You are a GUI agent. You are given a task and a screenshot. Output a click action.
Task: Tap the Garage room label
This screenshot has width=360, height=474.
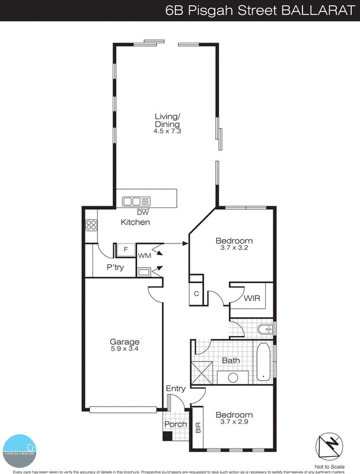pyautogui.click(x=125, y=342)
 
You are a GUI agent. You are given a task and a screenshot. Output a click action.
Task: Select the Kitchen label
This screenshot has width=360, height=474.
pyautogui.click(x=135, y=222)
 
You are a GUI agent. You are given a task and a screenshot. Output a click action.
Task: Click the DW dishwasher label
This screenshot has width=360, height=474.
pyautogui.click(x=142, y=212)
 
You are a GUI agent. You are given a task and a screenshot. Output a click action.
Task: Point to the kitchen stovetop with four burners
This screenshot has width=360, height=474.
pyautogui.click(x=91, y=225)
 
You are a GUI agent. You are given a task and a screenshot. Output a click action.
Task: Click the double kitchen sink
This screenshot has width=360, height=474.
pyautogui.click(x=133, y=201)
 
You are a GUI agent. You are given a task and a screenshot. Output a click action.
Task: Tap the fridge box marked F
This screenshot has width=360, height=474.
pyautogui.click(x=125, y=249)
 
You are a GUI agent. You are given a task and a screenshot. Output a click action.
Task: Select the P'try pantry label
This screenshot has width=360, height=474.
pyautogui.click(x=114, y=267)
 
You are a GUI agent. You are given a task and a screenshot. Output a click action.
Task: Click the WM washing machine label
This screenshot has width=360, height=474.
pyautogui.click(x=144, y=255)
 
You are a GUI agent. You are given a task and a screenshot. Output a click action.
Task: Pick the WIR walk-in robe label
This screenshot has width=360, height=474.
pyautogui.click(x=252, y=299)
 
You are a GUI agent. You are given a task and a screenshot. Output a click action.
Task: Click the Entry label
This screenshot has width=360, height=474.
pyautogui.click(x=176, y=389)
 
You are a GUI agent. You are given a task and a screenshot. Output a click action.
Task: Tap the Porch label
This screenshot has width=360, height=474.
pyautogui.click(x=176, y=424)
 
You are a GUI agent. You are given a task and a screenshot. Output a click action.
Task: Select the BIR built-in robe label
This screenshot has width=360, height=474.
pyautogui.click(x=198, y=427)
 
